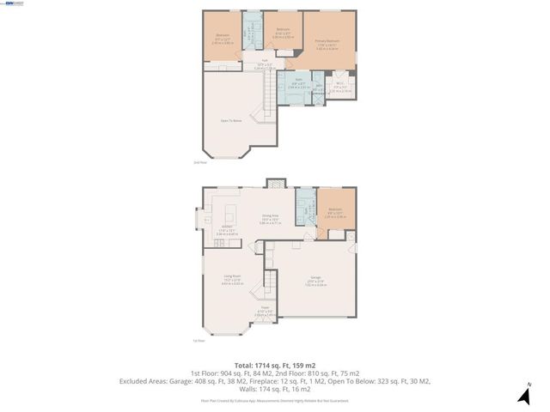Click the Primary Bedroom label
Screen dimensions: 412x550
(x=327, y=41)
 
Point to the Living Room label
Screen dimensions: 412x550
(x=231, y=279)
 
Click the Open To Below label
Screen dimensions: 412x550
(x=230, y=121)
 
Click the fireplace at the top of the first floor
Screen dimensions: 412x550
(x=274, y=182)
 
